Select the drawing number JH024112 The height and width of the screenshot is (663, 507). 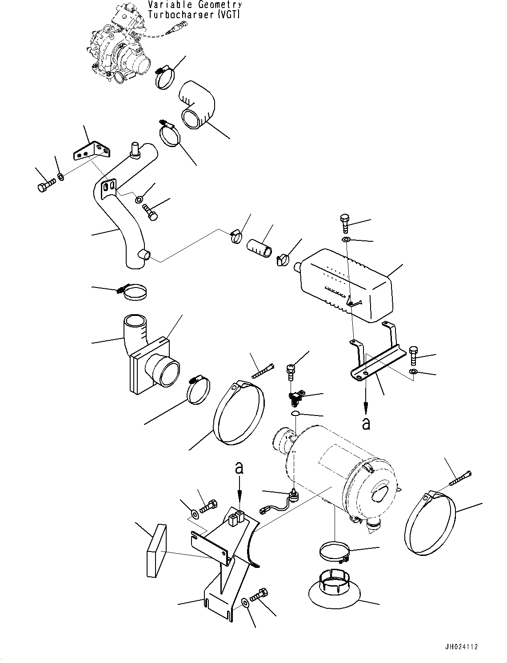point(460,647)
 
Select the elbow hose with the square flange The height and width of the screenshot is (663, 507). point(147,355)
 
